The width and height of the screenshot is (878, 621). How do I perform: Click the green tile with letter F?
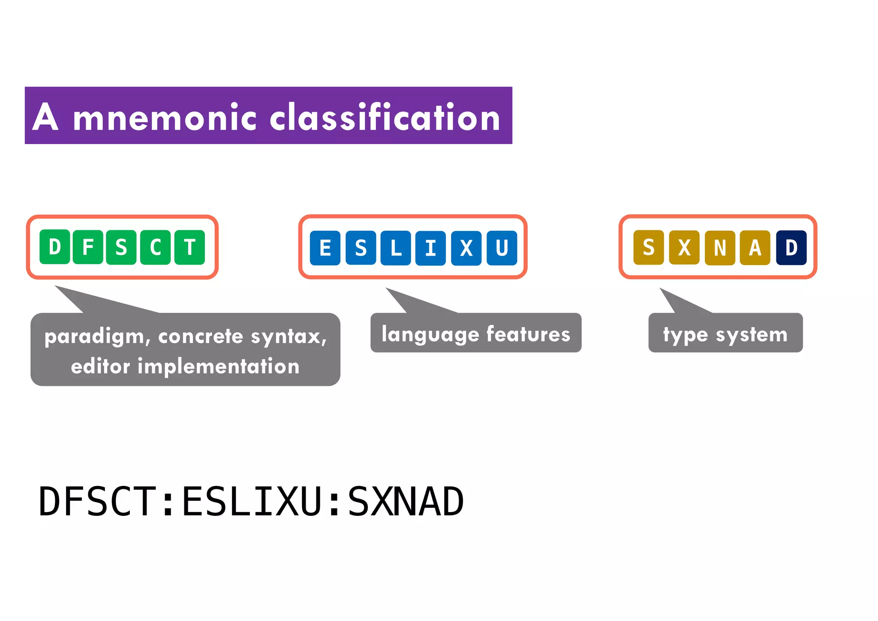pos(88,247)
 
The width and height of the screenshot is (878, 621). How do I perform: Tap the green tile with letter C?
pos(155,247)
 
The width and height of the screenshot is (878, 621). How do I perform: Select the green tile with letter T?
pos(189,247)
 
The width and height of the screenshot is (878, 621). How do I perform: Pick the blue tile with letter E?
pos(325,248)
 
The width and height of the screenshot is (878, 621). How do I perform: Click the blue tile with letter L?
pos(396,248)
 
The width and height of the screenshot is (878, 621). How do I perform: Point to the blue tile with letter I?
pos(430,248)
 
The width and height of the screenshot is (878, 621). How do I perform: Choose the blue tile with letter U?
pos(502,248)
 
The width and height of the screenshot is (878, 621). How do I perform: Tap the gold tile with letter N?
pos(720,248)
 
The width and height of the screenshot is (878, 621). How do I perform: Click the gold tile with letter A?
pos(755,248)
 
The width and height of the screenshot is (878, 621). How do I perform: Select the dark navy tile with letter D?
pos(791,248)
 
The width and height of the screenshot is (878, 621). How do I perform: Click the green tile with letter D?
pos(54,247)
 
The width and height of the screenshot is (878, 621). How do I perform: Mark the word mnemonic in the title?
pos(165,118)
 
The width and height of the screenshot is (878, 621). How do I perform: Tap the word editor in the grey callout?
pos(100,367)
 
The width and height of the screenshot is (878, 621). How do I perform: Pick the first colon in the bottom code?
pos(168,502)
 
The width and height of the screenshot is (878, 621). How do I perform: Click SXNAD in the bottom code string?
pos(406,502)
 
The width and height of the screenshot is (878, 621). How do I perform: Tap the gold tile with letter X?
pos(684,248)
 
